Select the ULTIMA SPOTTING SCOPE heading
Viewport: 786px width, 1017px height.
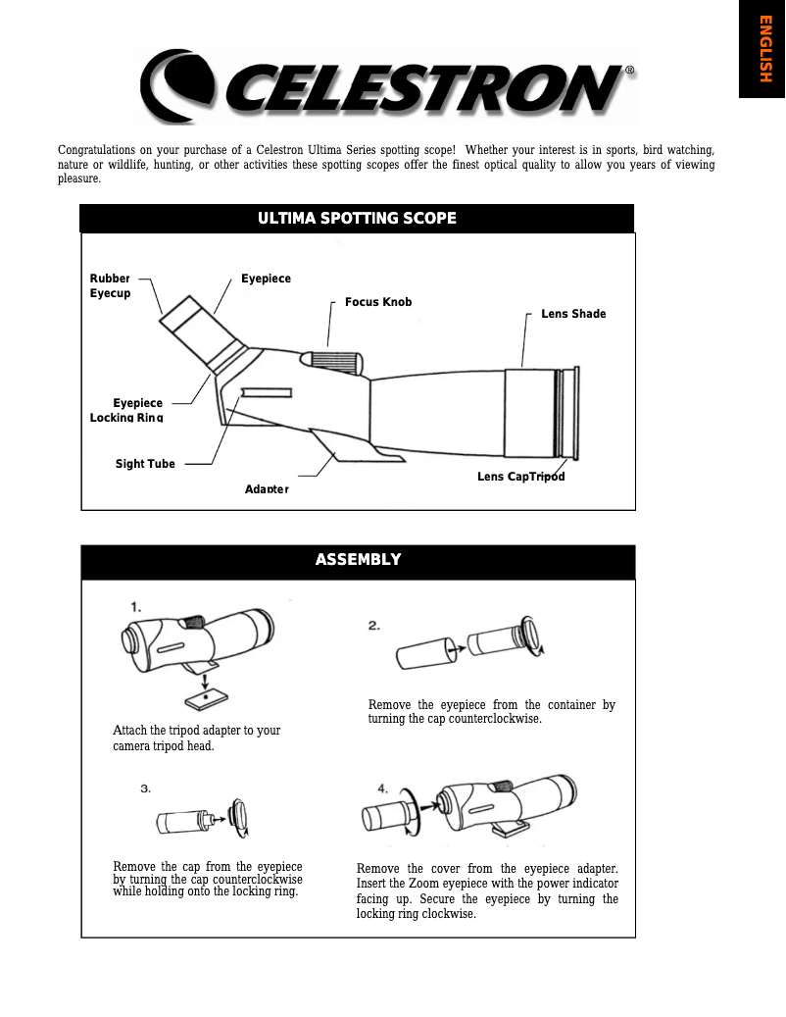pyautogui.click(x=358, y=218)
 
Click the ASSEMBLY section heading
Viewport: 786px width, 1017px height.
pyautogui.click(x=358, y=560)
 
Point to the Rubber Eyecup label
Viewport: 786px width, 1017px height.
pyautogui.click(x=110, y=286)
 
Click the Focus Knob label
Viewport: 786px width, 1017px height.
pyautogui.click(x=378, y=302)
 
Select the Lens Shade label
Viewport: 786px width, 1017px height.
pyautogui.click(x=573, y=314)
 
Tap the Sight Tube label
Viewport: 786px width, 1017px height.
pyautogui.click(x=145, y=464)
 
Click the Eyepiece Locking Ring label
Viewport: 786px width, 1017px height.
pyautogui.click(x=126, y=410)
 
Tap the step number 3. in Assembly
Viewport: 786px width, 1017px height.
pyautogui.click(x=145, y=788)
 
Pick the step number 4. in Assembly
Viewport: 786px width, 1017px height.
pyautogui.click(x=383, y=788)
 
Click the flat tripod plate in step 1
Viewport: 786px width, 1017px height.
pyautogui.click(x=207, y=697)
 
